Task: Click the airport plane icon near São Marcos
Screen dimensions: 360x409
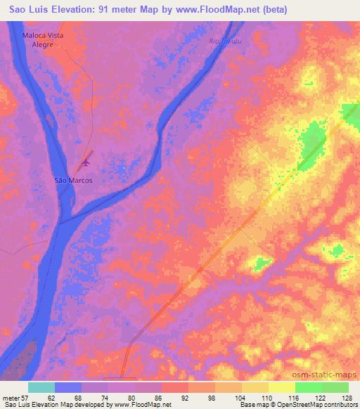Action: coord(86,163)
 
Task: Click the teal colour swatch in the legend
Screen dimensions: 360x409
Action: coord(41,387)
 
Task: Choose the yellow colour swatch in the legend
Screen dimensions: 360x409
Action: coord(282,387)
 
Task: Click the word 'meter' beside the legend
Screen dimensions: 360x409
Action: coord(11,398)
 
